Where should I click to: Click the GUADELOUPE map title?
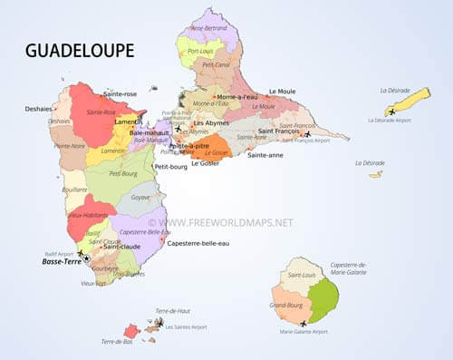pos(81,49)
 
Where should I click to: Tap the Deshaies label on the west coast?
pos(39,108)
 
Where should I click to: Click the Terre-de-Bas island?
pos(132,331)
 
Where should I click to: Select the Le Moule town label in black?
pos(282,92)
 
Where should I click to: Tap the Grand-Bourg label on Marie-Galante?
pos(286,305)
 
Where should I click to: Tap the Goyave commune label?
pos(140,197)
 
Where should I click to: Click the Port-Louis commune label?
pos(206,52)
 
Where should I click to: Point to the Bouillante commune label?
pos(75,190)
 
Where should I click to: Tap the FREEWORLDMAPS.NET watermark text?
pos(226,221)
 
